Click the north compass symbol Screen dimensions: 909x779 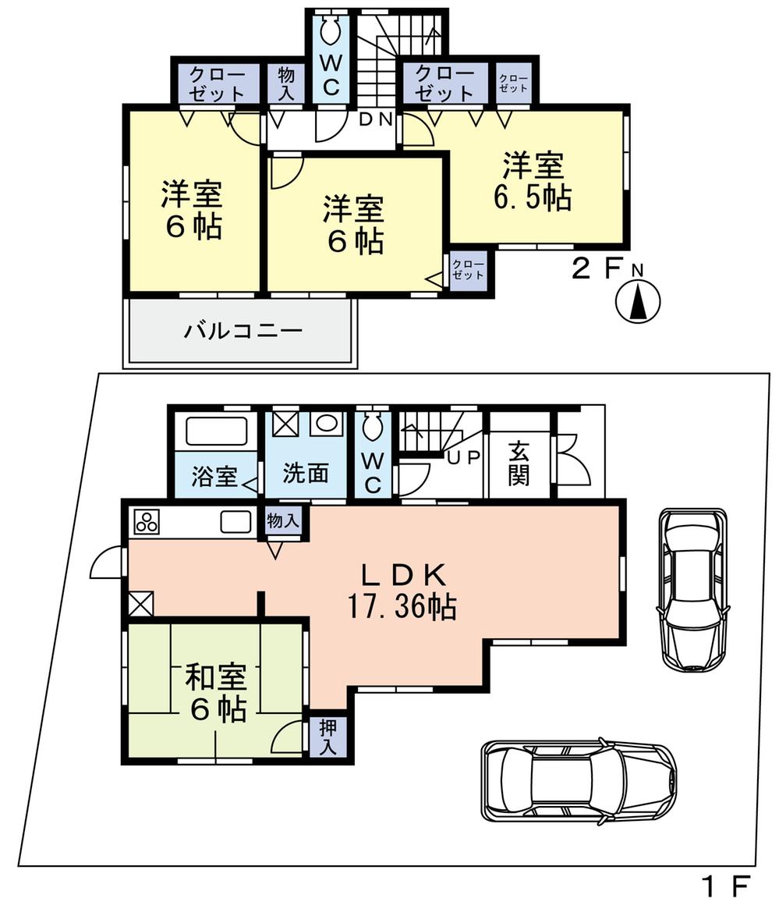638,300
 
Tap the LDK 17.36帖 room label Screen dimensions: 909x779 402,591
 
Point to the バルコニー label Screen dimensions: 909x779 243,332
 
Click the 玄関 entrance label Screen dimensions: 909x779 519,463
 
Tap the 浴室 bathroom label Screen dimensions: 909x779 214,477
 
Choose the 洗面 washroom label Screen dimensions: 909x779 305,473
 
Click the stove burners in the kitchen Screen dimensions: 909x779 147,521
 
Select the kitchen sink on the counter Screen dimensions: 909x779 235,520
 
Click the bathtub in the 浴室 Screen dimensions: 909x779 217,430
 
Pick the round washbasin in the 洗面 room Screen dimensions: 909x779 326,424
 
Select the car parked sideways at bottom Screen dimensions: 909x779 578,779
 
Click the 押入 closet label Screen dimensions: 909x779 328,737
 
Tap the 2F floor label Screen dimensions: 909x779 597,270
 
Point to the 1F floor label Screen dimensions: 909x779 724,886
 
